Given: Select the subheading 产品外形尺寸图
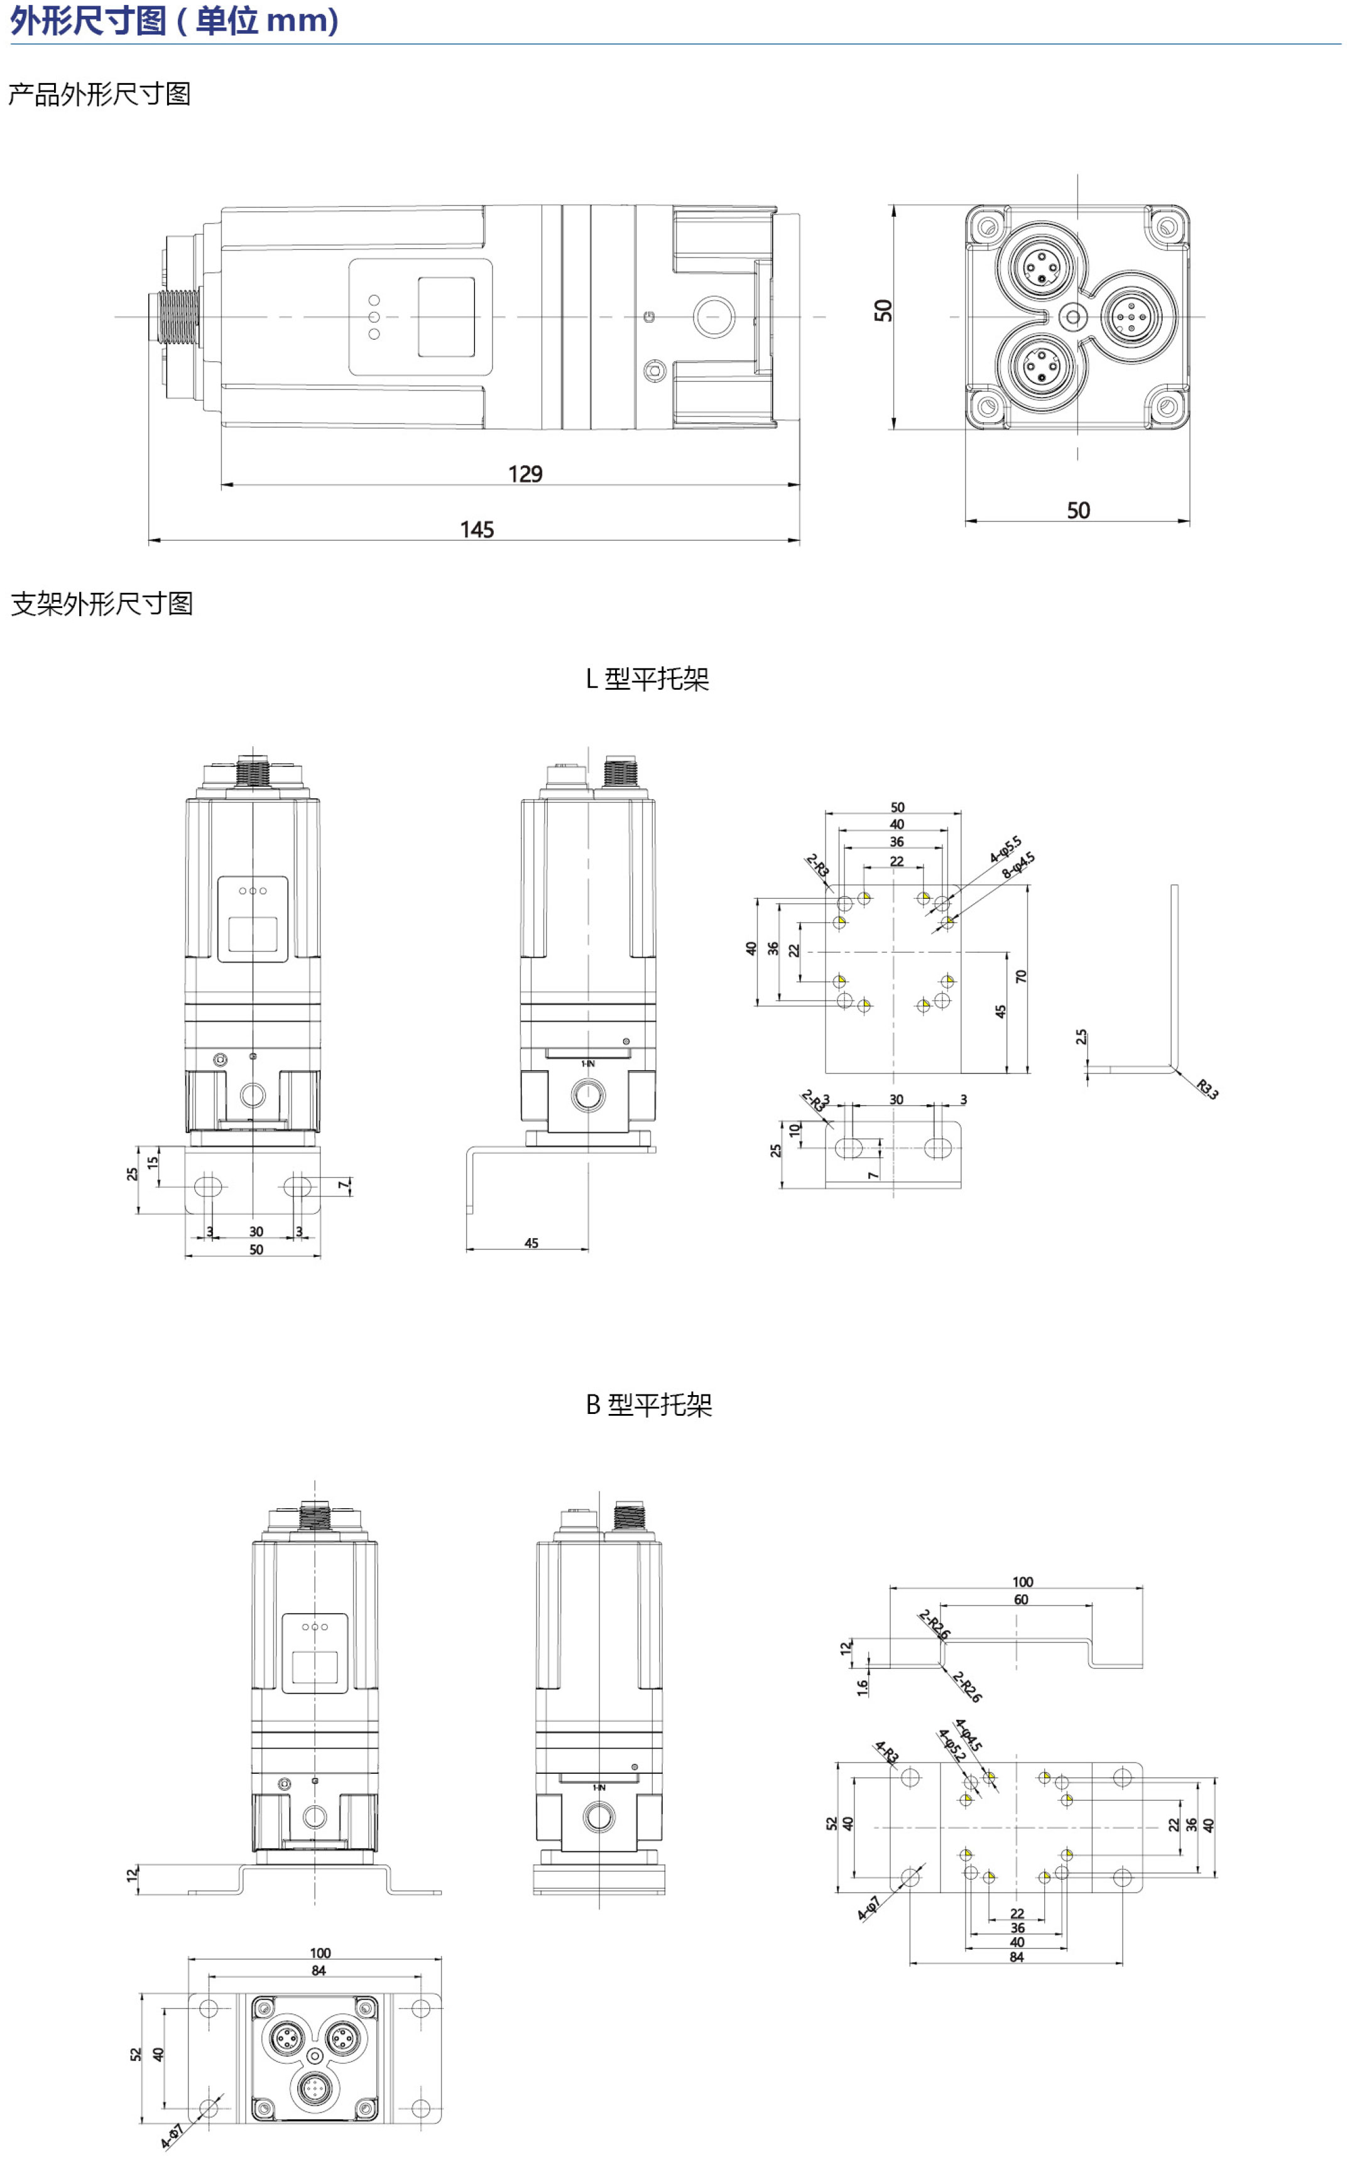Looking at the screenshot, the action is pos(100,94).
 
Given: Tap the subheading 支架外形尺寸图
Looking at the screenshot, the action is pos(102,604).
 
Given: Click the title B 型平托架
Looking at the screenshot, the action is pos(648,1405).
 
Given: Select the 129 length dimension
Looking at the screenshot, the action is pos(526,473).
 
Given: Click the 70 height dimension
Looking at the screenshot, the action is pos(1021,976).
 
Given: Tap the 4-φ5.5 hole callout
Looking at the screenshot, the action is pos(1006,850).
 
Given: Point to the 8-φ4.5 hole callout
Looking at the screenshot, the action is pos(1018,865).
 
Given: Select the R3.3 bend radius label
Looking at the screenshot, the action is pos(1207,1089).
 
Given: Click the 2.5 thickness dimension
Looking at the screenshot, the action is pos(1081,1036).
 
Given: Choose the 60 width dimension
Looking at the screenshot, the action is pos(1021,1599).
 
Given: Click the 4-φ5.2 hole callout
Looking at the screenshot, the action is pos(951,1745).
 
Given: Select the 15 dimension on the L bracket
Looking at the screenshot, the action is pos(153,1162).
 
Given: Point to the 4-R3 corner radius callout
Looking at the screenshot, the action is pos(886,1753).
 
